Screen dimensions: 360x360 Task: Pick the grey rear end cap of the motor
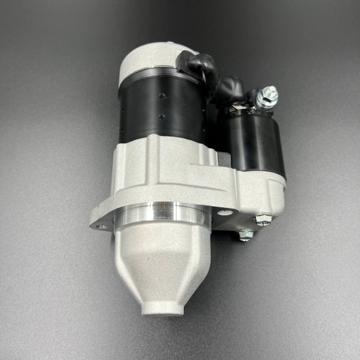[x=149, y=59]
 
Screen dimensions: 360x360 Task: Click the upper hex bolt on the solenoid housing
[x=263, y=219]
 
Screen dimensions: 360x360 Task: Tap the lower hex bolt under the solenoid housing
[x=246, y=235]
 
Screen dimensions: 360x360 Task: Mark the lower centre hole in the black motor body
[x=160, y=116]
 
